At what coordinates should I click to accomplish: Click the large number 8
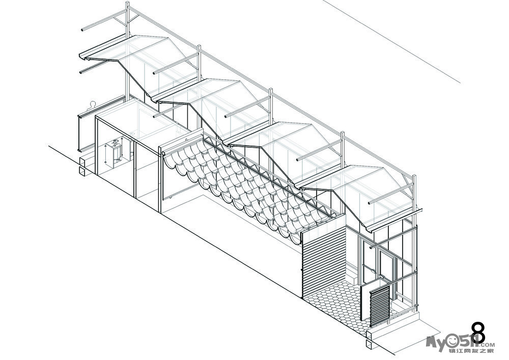[x=477, y=334]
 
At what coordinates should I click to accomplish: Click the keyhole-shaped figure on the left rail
[x=92, y=105]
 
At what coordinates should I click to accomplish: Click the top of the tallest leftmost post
[x=127, y=4]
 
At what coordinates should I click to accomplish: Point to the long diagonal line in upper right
[x=392, y=41]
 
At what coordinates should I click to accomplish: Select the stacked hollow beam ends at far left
[x=82, y=168]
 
